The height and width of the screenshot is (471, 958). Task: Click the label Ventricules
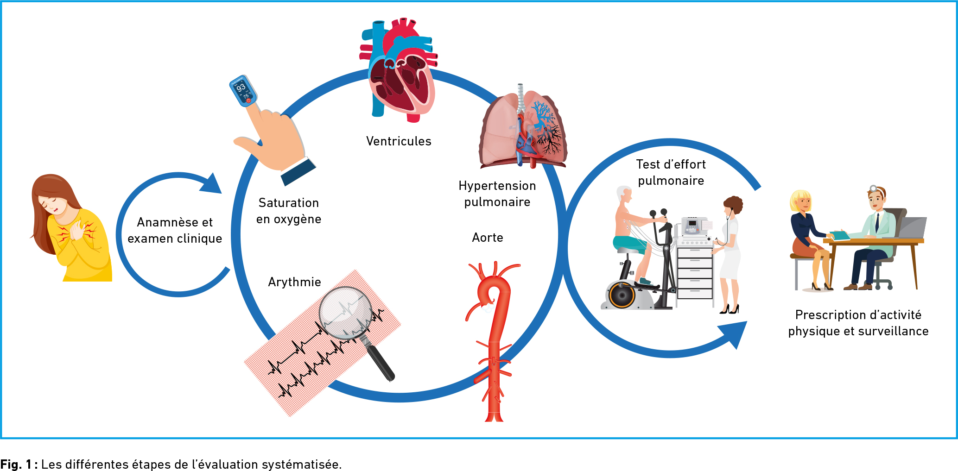point(399,141)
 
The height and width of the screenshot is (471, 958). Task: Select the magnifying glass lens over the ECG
point(346,311)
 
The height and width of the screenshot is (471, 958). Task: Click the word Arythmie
point(294,282)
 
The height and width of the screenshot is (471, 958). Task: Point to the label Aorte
point(488,238)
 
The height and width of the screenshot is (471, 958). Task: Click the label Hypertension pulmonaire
point(497,194)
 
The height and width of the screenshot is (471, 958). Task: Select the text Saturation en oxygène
point(289,211)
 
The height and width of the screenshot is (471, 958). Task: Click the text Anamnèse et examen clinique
point(175,230)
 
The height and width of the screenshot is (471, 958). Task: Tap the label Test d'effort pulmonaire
point(671,172)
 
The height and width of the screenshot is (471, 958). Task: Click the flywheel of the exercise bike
point(622,295)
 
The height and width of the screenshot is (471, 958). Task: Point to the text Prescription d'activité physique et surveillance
point(858,323)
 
